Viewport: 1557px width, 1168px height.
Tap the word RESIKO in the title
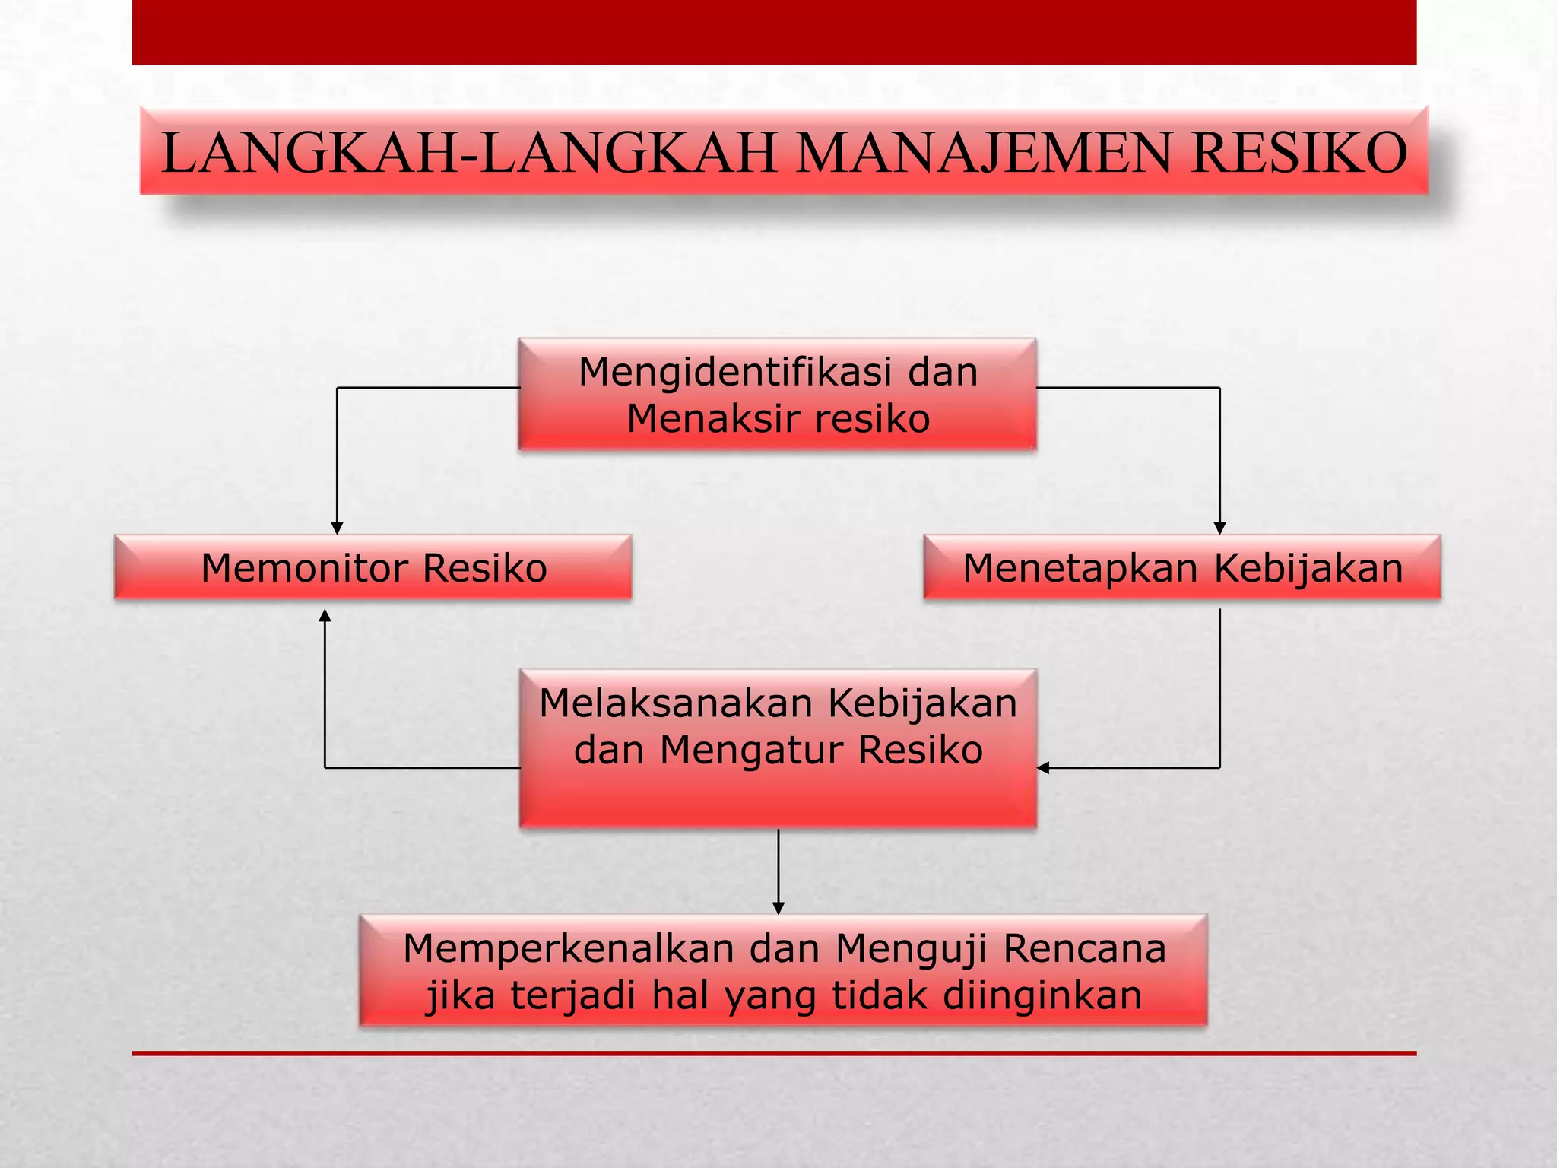(1299, 154)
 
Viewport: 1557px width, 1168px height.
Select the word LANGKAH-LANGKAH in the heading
(469, 154)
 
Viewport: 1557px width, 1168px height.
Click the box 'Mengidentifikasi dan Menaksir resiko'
(777, 395)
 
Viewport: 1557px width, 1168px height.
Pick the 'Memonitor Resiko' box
(373, 568)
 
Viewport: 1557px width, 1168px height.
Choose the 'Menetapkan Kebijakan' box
(1182, 568)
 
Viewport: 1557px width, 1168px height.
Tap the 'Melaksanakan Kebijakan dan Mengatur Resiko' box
(778, 749)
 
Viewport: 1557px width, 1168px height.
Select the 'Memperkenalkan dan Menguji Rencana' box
(783, 971)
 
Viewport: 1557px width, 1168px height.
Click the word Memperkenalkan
(569, 949)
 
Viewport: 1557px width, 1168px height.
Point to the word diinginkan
(1042, 995)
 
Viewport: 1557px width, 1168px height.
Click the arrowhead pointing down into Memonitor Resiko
(338, 528)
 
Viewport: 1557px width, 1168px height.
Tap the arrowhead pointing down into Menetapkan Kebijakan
(1219, 528)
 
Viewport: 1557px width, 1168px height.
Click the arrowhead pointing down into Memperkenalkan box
(778, 908)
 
